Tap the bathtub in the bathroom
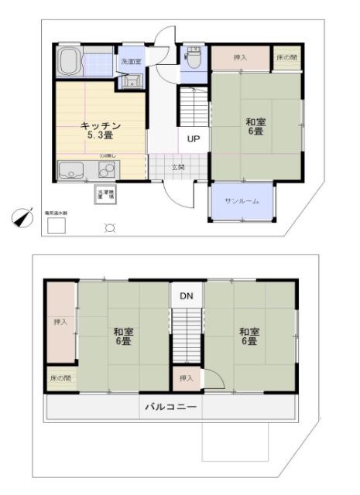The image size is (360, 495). (70, 61)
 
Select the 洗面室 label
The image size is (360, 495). (128, 61)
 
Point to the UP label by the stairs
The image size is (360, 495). (193, 140)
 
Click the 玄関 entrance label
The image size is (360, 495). (178, 167)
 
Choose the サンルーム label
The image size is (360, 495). (242, 201)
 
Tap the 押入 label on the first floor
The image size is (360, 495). (239, 58)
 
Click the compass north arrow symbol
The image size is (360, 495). (23, 217)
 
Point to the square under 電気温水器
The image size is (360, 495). (56, 225)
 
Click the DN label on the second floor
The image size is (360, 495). (187, 296)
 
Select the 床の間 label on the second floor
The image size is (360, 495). (60, 379)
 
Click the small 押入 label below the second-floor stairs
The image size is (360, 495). (185, 378)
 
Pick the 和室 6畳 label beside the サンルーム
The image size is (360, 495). (255, 126)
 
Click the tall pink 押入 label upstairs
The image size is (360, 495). (60, 322)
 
